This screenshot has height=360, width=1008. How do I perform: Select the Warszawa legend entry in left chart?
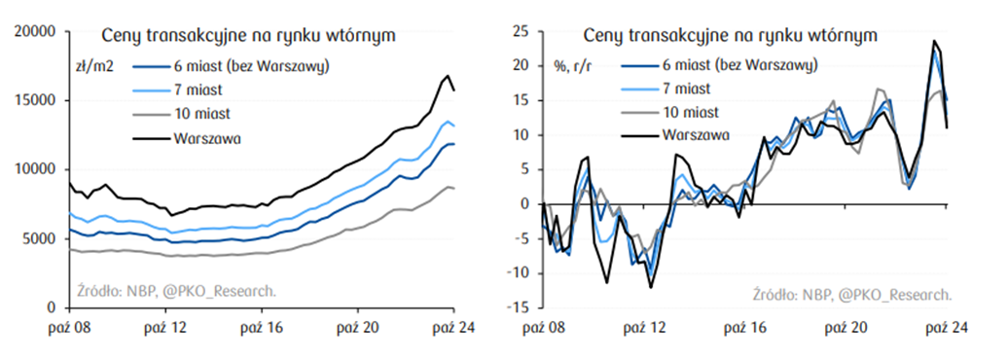(208, 137)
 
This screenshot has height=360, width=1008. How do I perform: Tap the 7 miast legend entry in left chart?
(198, 90)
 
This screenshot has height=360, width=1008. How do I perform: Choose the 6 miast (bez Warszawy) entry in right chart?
(738, 65)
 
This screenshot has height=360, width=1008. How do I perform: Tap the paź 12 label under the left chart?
(165, 327)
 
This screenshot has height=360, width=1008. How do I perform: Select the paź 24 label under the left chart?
(451, 327)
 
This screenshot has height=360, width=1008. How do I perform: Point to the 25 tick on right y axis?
(521, 31)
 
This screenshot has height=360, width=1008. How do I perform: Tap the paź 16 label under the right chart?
(745, 327)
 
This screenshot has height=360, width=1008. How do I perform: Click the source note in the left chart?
(176, 290)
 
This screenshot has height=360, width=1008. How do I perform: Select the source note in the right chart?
(851, 295)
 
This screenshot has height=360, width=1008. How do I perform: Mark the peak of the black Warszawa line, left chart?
(448, 75)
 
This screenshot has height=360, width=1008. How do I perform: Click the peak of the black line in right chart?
(934, 41)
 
